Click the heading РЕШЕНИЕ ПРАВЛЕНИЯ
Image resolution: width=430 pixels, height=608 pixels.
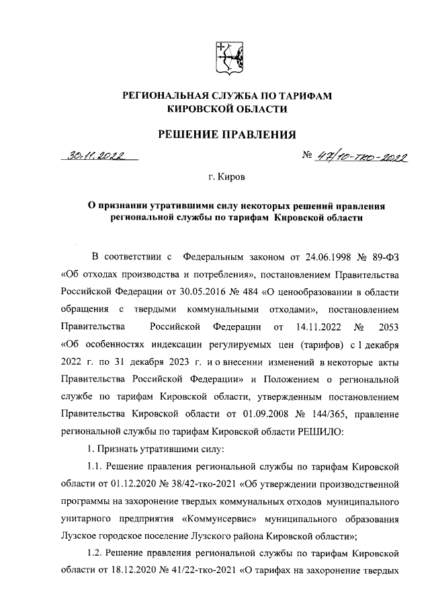[x=226, y=135]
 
